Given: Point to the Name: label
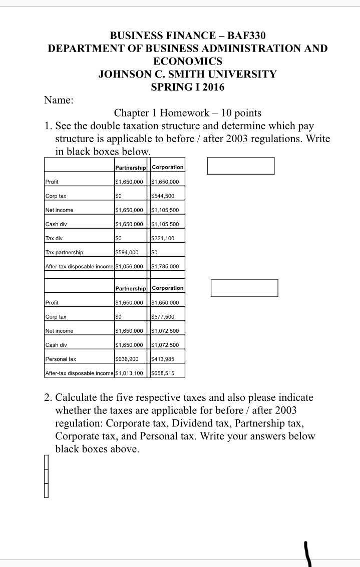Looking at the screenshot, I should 59,100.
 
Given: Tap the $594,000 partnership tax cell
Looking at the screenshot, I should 127,252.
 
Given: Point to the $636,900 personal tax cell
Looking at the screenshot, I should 127,359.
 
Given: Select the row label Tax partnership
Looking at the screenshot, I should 64,252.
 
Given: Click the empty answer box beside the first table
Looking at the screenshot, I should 241,166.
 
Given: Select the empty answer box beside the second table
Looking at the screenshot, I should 244,288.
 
